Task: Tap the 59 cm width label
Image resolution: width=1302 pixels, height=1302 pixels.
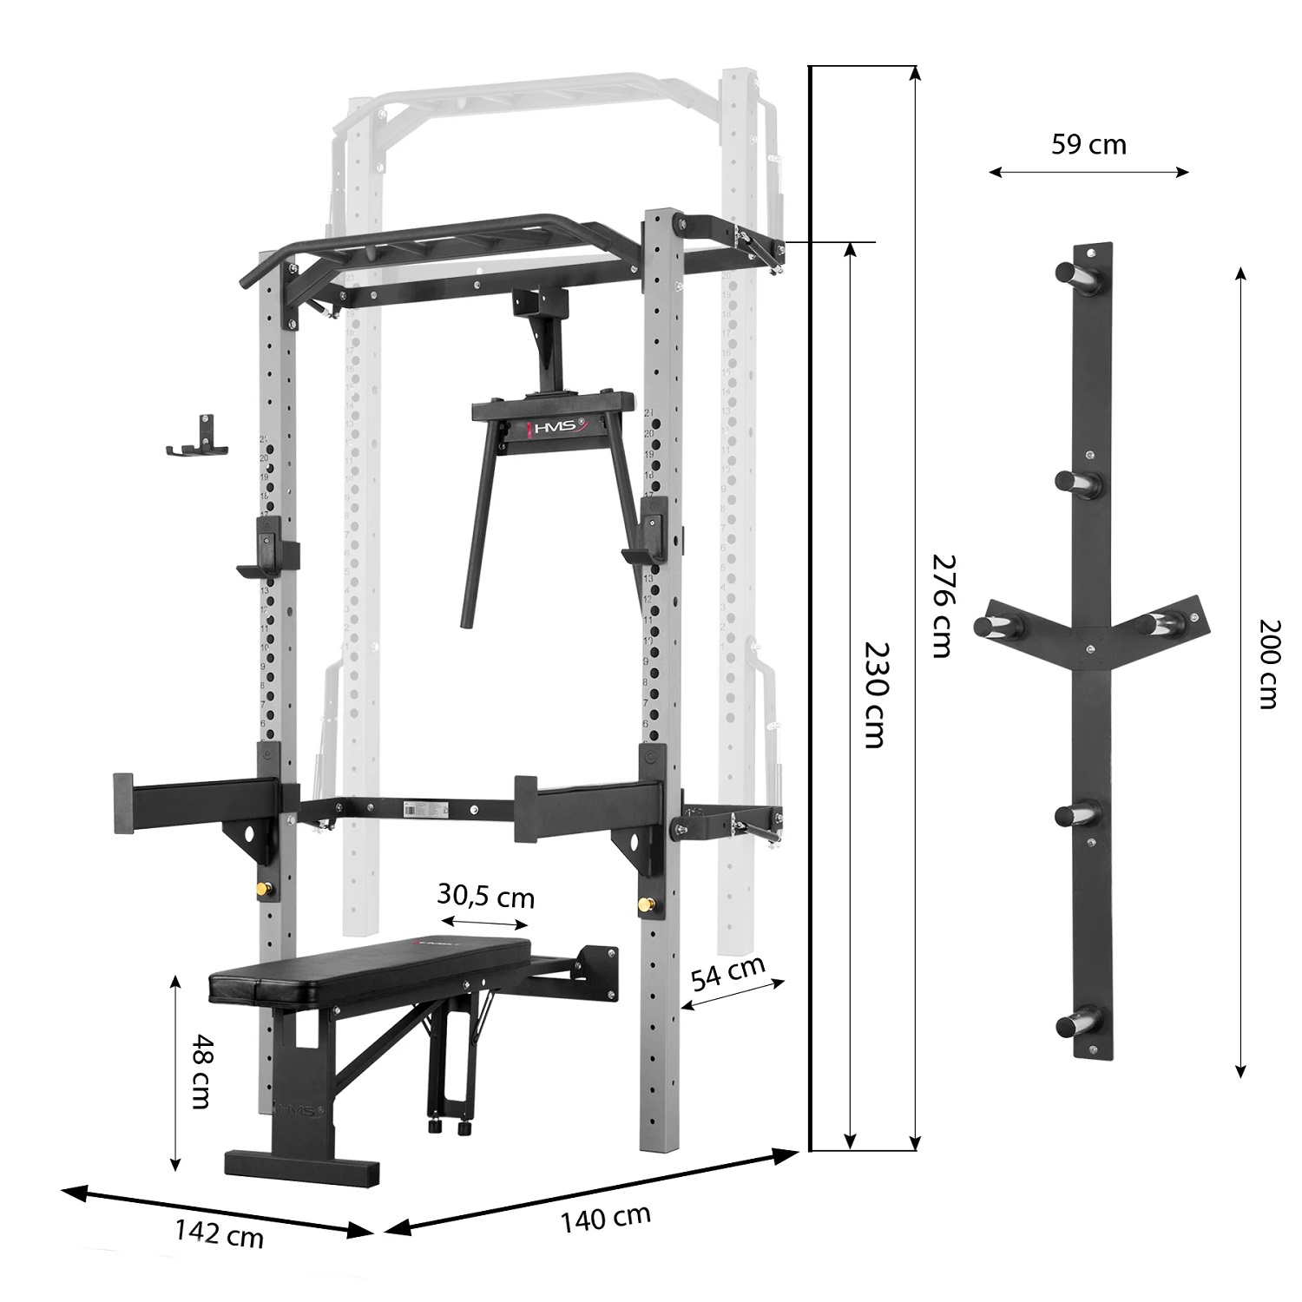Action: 1088,144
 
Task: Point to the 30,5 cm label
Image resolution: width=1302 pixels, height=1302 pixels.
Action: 486,896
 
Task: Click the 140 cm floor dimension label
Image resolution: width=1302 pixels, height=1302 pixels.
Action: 605,1217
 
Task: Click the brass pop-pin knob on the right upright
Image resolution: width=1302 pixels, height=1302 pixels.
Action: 645,904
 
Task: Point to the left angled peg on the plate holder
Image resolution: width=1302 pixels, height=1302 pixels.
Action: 990,625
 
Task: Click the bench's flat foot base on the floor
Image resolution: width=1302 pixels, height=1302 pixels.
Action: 301,1168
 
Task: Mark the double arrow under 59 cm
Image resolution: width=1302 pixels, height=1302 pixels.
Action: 1088,173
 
